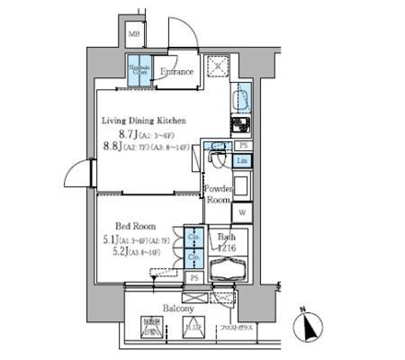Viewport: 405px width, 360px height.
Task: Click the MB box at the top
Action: pyautogui.click(x=134, y=35)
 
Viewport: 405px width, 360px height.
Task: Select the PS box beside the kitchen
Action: pyautogui.click(x=243, y=146)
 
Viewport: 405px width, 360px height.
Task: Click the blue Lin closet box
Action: pyautogui.click(x=243, y=160)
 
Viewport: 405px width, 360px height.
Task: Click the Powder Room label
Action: pyautogui.click(x=218, y=195)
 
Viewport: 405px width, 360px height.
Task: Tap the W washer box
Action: pyautogui.click(x=243, y=212)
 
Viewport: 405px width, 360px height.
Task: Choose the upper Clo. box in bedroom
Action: pyautogui.click(x=193, y=239)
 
